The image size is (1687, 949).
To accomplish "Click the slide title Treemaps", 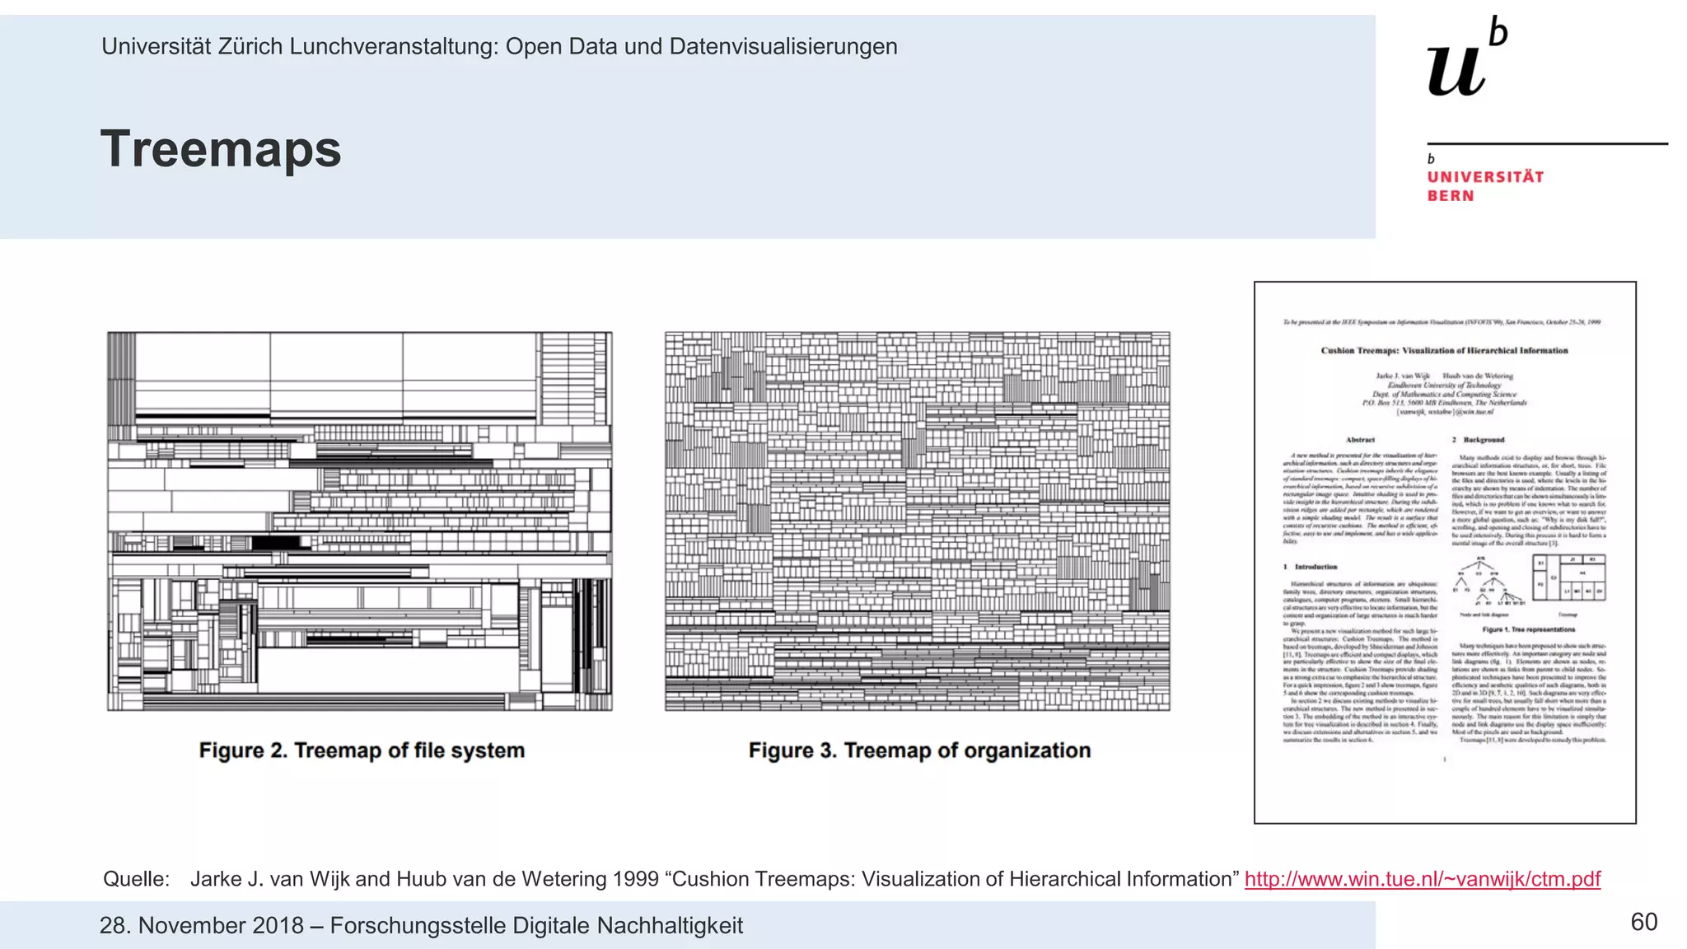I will pyautogui.click(x=221, y=150).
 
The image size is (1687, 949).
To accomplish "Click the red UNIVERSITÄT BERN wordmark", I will pyautogui.click(x=1485, y=186).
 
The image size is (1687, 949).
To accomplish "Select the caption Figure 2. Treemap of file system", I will pyautogui.click(x=362, y=750).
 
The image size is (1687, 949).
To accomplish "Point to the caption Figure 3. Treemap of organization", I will pyautogui.click(x=919, y=750).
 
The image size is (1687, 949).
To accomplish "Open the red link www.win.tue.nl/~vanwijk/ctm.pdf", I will pyautogui.click(x=1422, y=879).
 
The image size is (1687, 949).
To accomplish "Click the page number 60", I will pyautogui.click(x=1643, y=922).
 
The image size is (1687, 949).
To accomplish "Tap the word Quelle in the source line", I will pyautogui.click(x=136, y=879).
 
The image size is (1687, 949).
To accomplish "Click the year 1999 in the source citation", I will pyautogui.click(x=636, y=879).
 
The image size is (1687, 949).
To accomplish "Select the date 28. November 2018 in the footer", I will pyautogui.click(x=202, y=925).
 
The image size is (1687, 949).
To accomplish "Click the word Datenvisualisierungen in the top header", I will pyautogui.click(x=783, y=46).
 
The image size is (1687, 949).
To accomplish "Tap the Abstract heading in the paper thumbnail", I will pyautogui.click(x=1360, y=440).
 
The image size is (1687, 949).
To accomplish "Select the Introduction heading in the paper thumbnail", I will pyautogui.click(x=1315, y=567).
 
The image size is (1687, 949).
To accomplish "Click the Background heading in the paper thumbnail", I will pyautogui.click(x=1484, y=440).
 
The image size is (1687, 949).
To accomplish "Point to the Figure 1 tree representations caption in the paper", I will pyautogui.click(x=1528, y=629).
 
